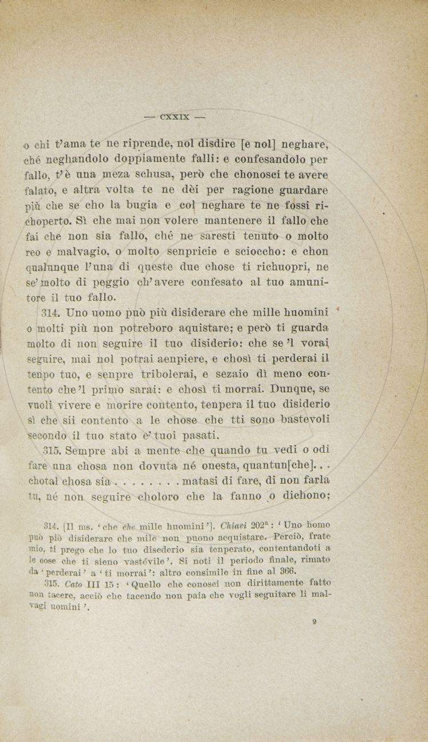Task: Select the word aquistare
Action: [x=213, y=328]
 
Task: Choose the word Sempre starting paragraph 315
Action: [x=85, y=450]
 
